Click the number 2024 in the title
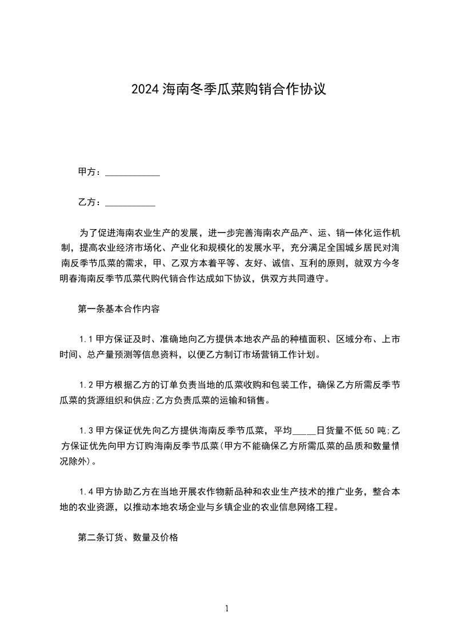[145, 89]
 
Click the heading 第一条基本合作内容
[118, 309]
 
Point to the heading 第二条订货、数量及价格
[128, 538]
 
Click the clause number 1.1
[86, 339]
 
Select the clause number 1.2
[86, 384]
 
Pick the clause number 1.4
[86, 491]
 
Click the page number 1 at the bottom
[227, 608]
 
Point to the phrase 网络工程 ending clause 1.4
[318, 507]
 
